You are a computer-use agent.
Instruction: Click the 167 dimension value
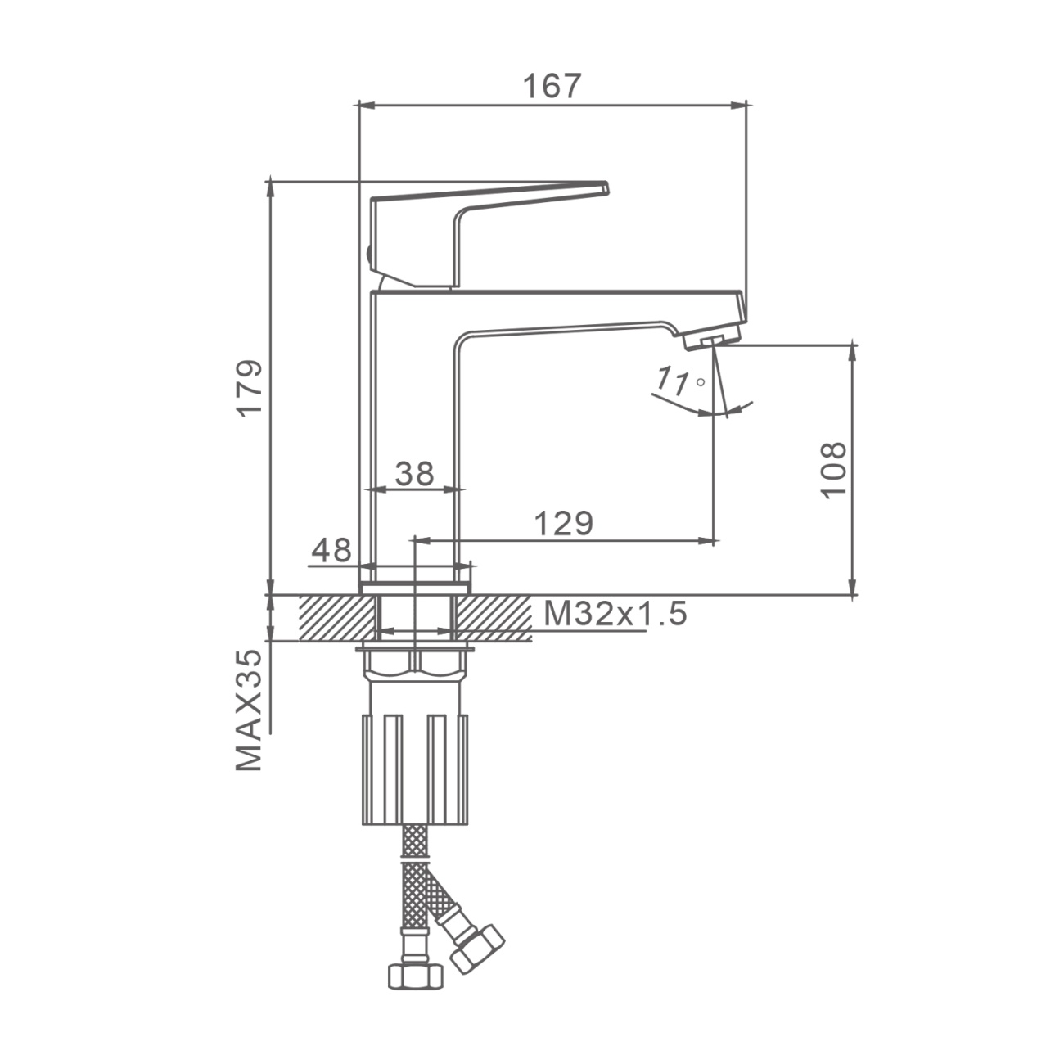pos(552,86)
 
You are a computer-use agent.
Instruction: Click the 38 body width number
pos(415,473)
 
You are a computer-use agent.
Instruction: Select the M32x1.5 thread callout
pos(615,614)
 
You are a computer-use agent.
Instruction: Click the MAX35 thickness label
pos(249,710)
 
